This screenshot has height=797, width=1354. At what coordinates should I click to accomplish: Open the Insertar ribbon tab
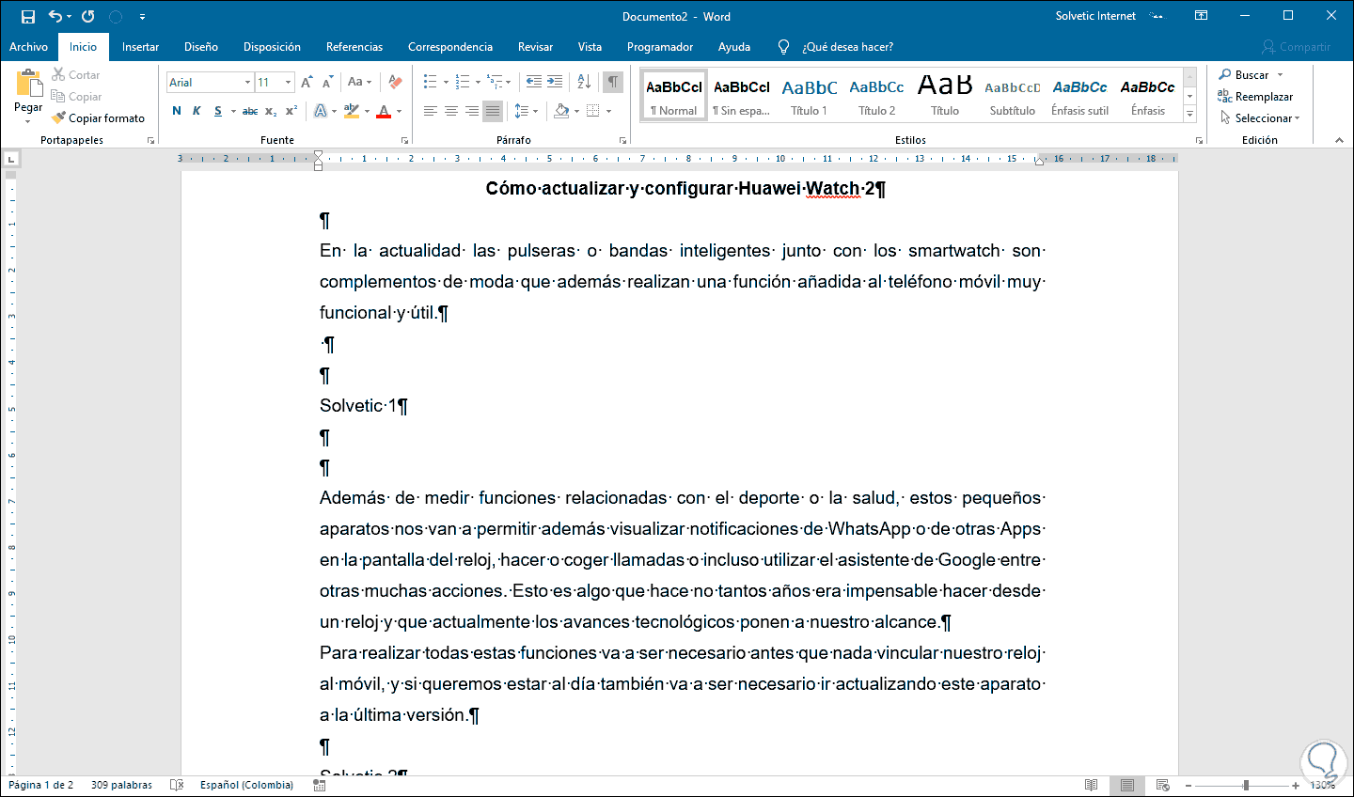140,47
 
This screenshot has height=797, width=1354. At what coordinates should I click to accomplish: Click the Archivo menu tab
28,47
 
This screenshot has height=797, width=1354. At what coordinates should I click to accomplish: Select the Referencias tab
354,47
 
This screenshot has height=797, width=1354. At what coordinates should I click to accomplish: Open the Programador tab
660,47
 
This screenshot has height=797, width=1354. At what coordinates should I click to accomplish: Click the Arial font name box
205,83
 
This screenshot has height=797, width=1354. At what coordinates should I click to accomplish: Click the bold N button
177,111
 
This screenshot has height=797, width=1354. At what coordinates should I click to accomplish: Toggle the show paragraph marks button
613,82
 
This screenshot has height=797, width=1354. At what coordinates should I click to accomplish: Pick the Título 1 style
809,96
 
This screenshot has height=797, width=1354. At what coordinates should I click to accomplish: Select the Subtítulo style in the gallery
1012,96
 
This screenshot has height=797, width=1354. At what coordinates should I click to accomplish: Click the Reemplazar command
1263,97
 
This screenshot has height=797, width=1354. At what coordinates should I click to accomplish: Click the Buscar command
1251,75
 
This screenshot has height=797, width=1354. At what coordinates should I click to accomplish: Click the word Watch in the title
832,188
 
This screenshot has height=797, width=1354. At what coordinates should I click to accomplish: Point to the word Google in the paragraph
966,560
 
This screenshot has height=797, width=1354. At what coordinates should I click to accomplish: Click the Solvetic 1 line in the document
357,406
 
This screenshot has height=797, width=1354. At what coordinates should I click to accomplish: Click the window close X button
1331,16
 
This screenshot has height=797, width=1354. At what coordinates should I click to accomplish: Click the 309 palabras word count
121,785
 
